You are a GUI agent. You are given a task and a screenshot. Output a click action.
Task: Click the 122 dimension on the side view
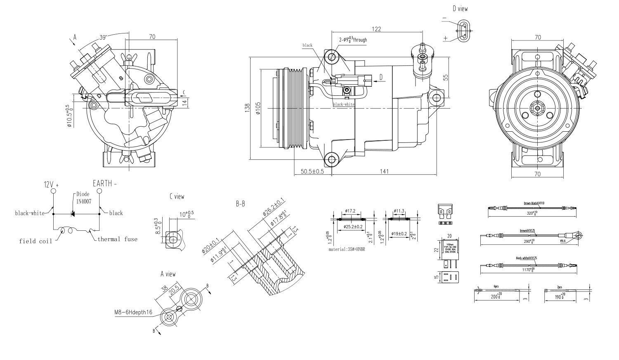(x=376, y=29)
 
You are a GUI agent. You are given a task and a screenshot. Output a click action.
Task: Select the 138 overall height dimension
(x=247, y=108)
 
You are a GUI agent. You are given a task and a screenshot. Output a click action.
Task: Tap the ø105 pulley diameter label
(x=258, y=108)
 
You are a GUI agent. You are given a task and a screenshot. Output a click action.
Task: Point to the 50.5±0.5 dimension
(x=312, y=171)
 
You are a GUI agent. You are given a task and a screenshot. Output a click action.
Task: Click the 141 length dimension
(x=384, y=171)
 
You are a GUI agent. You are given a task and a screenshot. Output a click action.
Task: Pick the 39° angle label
(x=103, y=37)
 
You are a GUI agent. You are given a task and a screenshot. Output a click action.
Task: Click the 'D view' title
(x=460, y=8)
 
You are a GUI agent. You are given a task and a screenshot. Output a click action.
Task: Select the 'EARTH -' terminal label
(x=104, y=184)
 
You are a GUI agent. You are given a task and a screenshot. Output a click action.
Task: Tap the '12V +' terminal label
(x=51, y=185)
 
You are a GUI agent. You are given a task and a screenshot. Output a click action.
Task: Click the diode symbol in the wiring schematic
(x=73, y=213)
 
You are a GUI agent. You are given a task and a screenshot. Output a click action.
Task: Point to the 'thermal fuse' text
(x=117, y=239)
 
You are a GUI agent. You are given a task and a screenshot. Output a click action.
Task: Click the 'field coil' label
(x=35, y=241)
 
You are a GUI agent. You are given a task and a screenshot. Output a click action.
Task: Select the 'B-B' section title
(x=241, y=204)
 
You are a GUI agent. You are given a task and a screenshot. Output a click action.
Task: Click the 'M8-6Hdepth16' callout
(x=133, y=312)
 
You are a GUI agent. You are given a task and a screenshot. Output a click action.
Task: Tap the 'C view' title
(x=177, y=197)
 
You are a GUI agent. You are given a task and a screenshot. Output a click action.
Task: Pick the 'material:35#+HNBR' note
(x=347, y=249)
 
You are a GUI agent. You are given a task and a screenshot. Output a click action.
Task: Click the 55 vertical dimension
(x=445, y=77)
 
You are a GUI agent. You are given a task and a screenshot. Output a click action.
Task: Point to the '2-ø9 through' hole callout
(x=353, y=40)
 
